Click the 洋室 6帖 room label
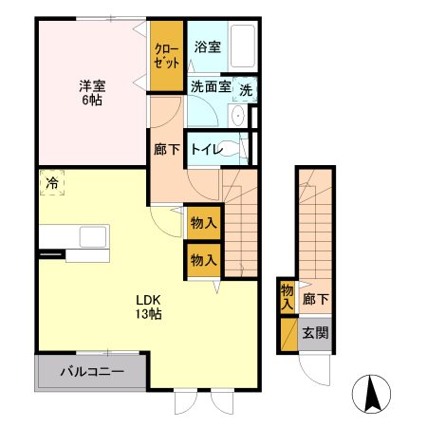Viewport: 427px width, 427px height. [x=92, y=92]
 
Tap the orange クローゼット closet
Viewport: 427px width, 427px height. [x=167, y=56]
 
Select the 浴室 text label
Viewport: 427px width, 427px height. [x=207, y=46]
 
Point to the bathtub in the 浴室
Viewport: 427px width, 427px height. [x=245, y=45]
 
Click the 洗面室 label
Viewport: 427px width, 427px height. [x=210, y=86]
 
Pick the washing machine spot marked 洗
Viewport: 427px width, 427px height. [x=246, y=90]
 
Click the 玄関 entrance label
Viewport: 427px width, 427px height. [x=315, y=333]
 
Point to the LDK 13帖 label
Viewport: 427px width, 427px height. [x=146, y=306]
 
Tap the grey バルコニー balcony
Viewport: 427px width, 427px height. [x=91, y=371]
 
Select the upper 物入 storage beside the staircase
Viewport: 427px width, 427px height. [x=202, y=223]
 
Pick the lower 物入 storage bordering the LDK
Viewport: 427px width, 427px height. [x=202, y=258]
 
